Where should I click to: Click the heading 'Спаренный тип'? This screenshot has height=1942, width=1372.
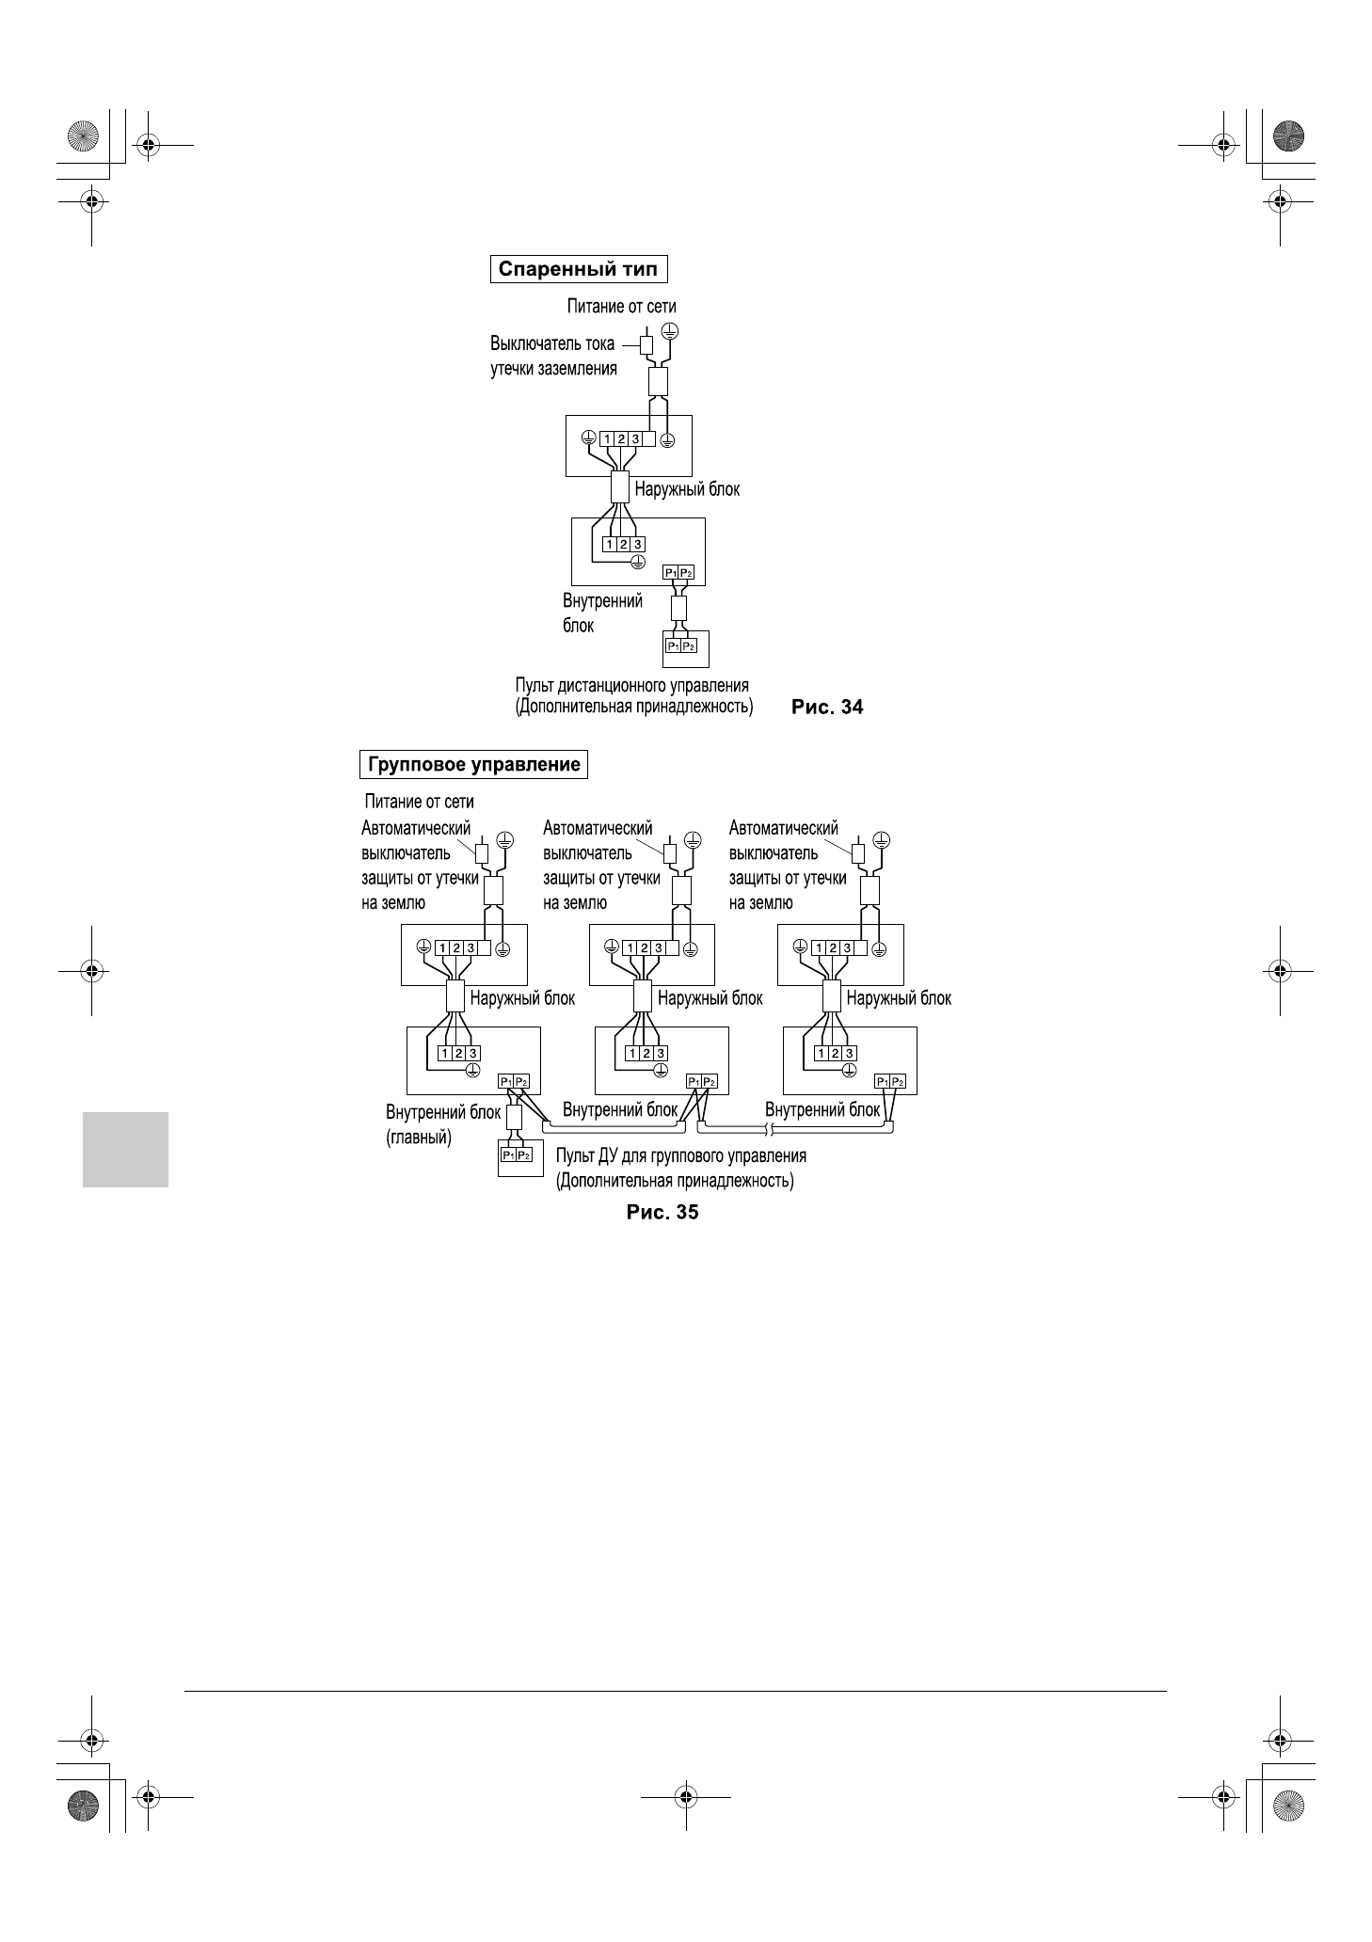coord(578,270)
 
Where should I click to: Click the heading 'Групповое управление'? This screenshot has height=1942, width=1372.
coord(474,764)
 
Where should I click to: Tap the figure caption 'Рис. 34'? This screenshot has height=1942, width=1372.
coord(827,707)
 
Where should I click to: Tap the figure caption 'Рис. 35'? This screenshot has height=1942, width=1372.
coord(662,1212)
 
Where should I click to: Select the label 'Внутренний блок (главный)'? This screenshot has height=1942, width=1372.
coord(442,1124)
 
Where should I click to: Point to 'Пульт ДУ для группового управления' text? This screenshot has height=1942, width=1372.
coord(681,1155)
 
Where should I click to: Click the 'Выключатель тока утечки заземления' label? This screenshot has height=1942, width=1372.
coord(553,356)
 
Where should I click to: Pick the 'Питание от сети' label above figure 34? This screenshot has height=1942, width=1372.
coord(621,306)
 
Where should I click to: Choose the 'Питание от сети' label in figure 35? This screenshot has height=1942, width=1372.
coord(419,802)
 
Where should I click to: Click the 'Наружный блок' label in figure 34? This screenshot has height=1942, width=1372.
coord(687,489)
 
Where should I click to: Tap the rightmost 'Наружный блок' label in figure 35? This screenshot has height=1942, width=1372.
coord(899,998)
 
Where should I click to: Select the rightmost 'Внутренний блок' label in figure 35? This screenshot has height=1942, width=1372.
coord(822,1109)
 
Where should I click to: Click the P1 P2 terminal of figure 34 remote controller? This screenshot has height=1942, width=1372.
coord(680,646)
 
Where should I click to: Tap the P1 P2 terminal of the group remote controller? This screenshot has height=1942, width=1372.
coord(516,1154)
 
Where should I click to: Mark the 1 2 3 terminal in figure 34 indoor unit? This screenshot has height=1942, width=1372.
coord(623,545)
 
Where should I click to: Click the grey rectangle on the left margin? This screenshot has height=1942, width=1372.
coord(125,1150)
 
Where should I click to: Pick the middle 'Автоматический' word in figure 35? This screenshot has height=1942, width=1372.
coord(598,828)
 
